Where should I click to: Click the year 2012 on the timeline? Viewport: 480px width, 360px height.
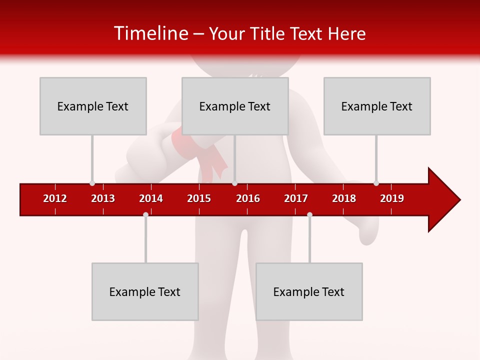click(55, 198)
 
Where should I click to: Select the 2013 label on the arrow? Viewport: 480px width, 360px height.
click(103, 198)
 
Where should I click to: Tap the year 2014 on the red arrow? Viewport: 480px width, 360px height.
click(151, 198)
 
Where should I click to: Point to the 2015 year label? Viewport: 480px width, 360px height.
click(199, 198)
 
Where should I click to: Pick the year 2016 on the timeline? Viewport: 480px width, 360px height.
click(248, 198)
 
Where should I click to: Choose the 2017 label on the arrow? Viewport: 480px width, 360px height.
click(296, 198)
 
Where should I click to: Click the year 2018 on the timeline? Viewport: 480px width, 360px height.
click(344, 198)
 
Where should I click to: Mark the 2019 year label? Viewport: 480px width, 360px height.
click(392, 198)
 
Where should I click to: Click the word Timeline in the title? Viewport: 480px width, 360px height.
click(150, 33)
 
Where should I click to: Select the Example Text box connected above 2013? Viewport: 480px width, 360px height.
click(93, 106)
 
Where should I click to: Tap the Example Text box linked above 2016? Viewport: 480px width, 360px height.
click(235, 106)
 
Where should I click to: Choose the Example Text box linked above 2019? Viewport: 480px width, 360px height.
click(377, 106)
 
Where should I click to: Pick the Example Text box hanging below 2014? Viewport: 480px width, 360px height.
click(145, 291)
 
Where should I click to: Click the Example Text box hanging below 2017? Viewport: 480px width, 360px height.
click(309, 291)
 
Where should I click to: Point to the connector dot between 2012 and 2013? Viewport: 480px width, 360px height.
click(92, 183)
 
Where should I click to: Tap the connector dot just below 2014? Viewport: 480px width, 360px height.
click(145, 214)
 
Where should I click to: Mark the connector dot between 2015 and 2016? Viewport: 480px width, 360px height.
click(234, 183)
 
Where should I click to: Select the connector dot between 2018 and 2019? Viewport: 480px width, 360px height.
click(376, 183)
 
